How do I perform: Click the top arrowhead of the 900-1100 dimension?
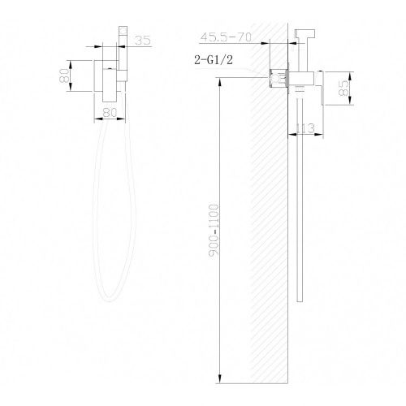click(x=221, y=82)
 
